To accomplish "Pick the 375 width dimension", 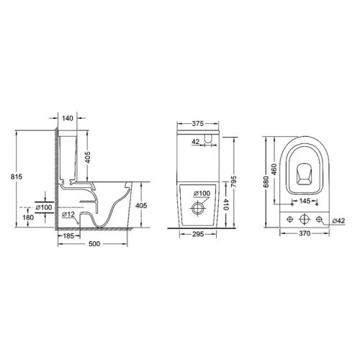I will (x=197, y=123).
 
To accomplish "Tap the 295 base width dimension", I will (x=198, y=235).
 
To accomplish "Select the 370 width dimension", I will (x=305, y=235).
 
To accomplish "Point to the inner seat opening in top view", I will (x=305, y=173).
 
